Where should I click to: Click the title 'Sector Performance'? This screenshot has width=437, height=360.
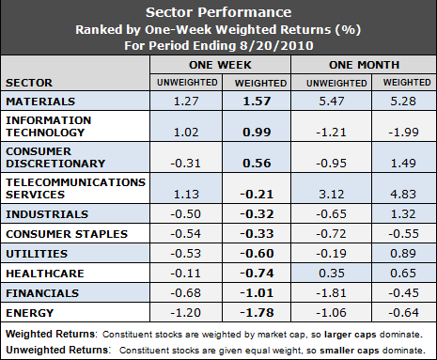[x=218, y=13]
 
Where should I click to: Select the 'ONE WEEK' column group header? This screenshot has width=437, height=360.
[x=219, y=67]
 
